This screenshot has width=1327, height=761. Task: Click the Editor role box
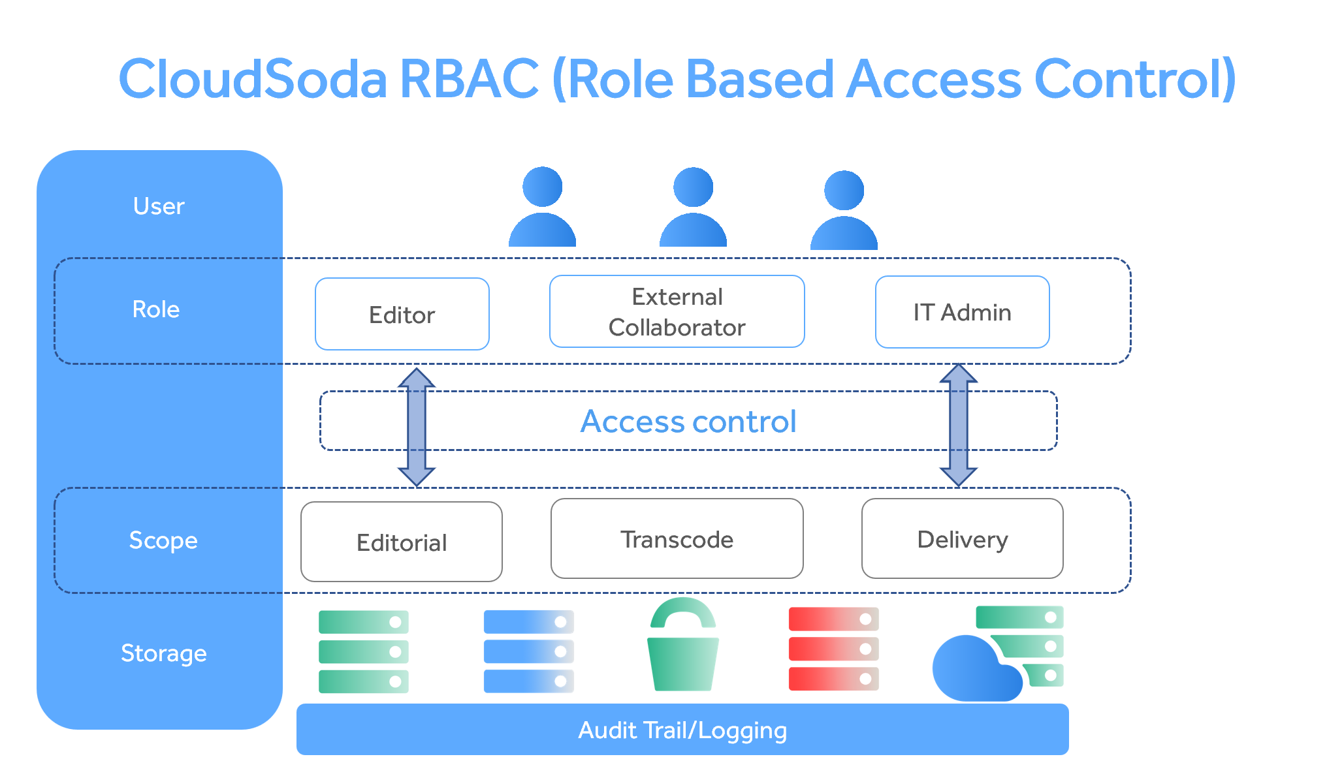pyautogui.click(x=402, y=315)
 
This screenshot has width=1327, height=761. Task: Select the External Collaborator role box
pyautogui.click(x=677, y=312)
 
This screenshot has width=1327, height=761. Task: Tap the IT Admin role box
pyautogui.click(x=962, y=313)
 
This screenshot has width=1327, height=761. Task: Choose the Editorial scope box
pyautogui.click(x=401, y=542)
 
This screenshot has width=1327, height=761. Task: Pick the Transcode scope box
pyautogui.click(x=677, y=539)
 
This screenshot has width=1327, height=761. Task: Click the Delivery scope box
pyautogui.click(x=962, y=539)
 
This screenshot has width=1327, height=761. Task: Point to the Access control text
pyautogui.click(x=688, y=422)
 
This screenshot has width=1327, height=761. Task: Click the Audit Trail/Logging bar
pyautogui.click(x=682, y=730)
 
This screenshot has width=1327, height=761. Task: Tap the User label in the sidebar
pyautogui.click(x=159, y=206)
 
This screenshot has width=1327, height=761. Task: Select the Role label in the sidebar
pyautogui.click(x=155, y=309)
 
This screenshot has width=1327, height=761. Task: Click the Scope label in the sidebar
pyautogui.click(x=163, y=540)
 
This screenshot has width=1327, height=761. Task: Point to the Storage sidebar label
pyautogui.click(x=163, y=653)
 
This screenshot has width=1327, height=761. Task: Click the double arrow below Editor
pyautogui.click(x=417, y=427)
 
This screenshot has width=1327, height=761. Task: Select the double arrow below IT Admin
pyautogui.click(x=958, y=425)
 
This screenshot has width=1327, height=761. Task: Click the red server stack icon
pyautogui.click(x=833, y=649)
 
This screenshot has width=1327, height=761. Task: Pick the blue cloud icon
pyautogui.click(x=973, y=669)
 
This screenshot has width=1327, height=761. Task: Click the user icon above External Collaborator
pyautogui.click(x=693, y=208)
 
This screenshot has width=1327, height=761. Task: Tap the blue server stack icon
pyautogui.click(x=528, y=651)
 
